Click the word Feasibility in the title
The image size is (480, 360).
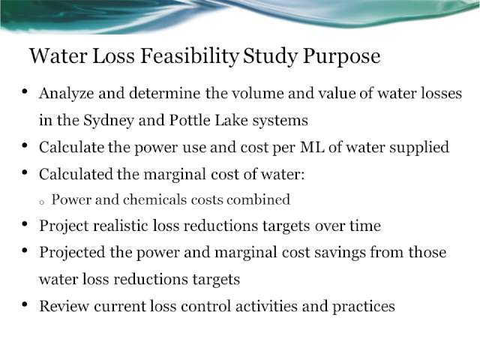click(190, 56)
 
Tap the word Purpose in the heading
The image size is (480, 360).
click(342, 57)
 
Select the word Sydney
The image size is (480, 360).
click(109, 121)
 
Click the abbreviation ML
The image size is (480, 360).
click(312, 147)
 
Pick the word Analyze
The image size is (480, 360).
click(67, 94)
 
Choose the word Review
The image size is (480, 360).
click(64, 306)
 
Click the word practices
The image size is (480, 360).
click(363, 307)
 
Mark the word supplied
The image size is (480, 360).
click(419, 148)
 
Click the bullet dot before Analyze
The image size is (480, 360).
click(25, 91)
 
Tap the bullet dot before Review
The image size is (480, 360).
click(25, 304)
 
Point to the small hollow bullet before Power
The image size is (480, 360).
click(42, 202)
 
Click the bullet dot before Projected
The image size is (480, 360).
click(25, 250)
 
